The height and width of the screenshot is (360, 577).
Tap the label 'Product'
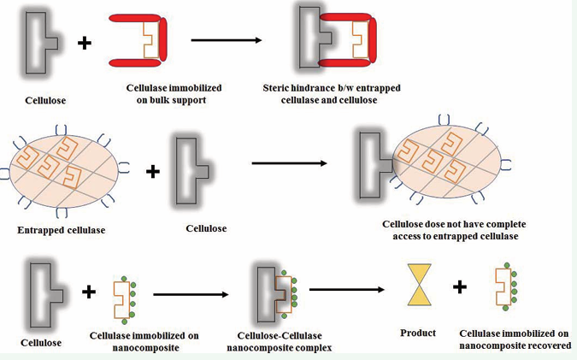pos(418,333)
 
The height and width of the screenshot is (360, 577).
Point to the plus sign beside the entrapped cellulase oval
pos(153,171)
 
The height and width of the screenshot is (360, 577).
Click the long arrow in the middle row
pos(287,163)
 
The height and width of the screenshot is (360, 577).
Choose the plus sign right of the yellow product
pos(460,286)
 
